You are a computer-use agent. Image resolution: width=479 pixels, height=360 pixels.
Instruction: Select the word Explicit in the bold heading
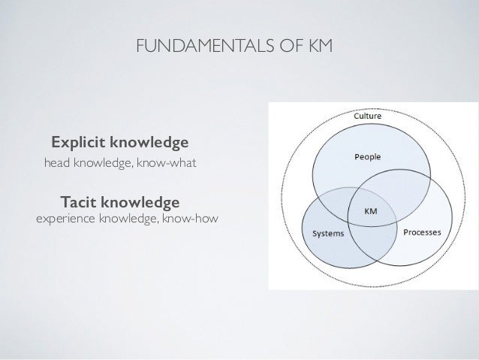click(x=78, y=142)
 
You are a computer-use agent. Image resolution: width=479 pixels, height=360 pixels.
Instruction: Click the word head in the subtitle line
click(x=59, y=162)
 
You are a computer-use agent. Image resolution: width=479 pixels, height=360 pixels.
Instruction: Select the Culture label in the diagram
click(x=367, y=116)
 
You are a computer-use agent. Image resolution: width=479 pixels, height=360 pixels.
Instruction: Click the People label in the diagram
click(x=367, y=157)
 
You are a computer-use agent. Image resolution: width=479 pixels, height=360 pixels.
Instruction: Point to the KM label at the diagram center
click(x=371, y=211)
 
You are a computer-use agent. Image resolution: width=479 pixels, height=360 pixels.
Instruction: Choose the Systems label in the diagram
click(x=329, y=233)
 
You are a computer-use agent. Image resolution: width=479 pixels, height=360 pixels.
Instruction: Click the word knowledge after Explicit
click(x=149, y=142)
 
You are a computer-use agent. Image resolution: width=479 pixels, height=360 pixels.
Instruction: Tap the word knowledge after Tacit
click(x=142, y=203)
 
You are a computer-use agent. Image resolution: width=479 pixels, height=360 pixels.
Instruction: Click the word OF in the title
click(x=297, y=50)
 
